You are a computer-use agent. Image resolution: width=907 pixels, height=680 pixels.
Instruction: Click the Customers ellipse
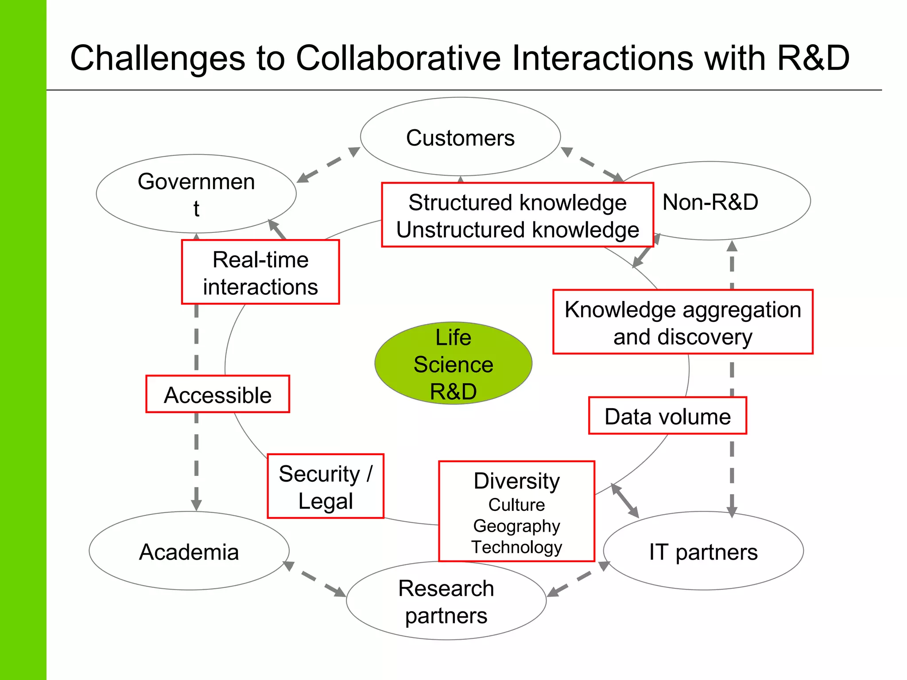460,137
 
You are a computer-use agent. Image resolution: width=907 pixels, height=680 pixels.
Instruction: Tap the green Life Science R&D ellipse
453,363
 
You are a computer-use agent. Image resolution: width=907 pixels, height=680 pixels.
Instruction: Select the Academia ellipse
189,552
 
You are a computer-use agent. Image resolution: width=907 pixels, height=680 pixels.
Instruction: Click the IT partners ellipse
703,552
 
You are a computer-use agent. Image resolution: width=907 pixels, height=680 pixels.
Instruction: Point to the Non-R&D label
710,202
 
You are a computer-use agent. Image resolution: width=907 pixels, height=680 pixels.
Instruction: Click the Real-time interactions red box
260,272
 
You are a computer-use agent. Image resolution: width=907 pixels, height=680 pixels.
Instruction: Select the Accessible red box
217,394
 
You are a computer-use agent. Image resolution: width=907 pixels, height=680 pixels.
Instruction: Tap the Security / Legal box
326,487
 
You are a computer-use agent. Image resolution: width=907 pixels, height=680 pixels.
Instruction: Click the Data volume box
667,416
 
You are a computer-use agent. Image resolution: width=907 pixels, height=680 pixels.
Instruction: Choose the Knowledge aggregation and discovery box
682,322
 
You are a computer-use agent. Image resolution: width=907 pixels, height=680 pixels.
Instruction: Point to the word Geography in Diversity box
516,526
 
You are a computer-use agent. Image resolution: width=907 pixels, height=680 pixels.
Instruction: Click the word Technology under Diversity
516,547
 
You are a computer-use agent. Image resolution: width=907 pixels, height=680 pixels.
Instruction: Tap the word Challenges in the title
157,58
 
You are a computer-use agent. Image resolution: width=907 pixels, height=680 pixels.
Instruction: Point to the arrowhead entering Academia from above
196,505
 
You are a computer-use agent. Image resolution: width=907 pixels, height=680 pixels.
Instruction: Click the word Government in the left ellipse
196,182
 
